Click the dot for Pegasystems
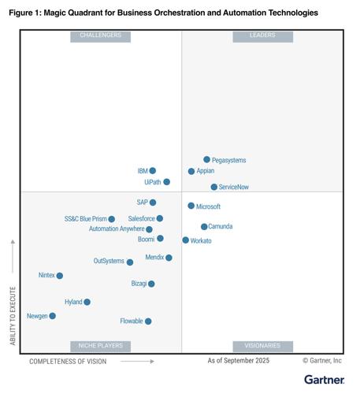pos(207,160)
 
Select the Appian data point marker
pos(191,171)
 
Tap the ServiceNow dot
pos(214,188)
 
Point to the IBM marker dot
pos(153,171)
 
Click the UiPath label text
pos(152,182)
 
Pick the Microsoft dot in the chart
pos(191,206)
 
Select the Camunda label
pos(221,227)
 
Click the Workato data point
pos(186,240)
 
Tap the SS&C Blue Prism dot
pos(112,219)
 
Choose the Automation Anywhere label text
pos(117,229)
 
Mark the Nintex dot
pos(60,276)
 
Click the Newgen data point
pos(53,316)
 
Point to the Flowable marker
pos(148,322)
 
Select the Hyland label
pos(73,302)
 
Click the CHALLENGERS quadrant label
pos(100,36)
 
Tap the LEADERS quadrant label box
pos(262,36)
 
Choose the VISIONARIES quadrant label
pos(262,346)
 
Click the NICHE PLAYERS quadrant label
pos(100,346)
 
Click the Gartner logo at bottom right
pos(324,380)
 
